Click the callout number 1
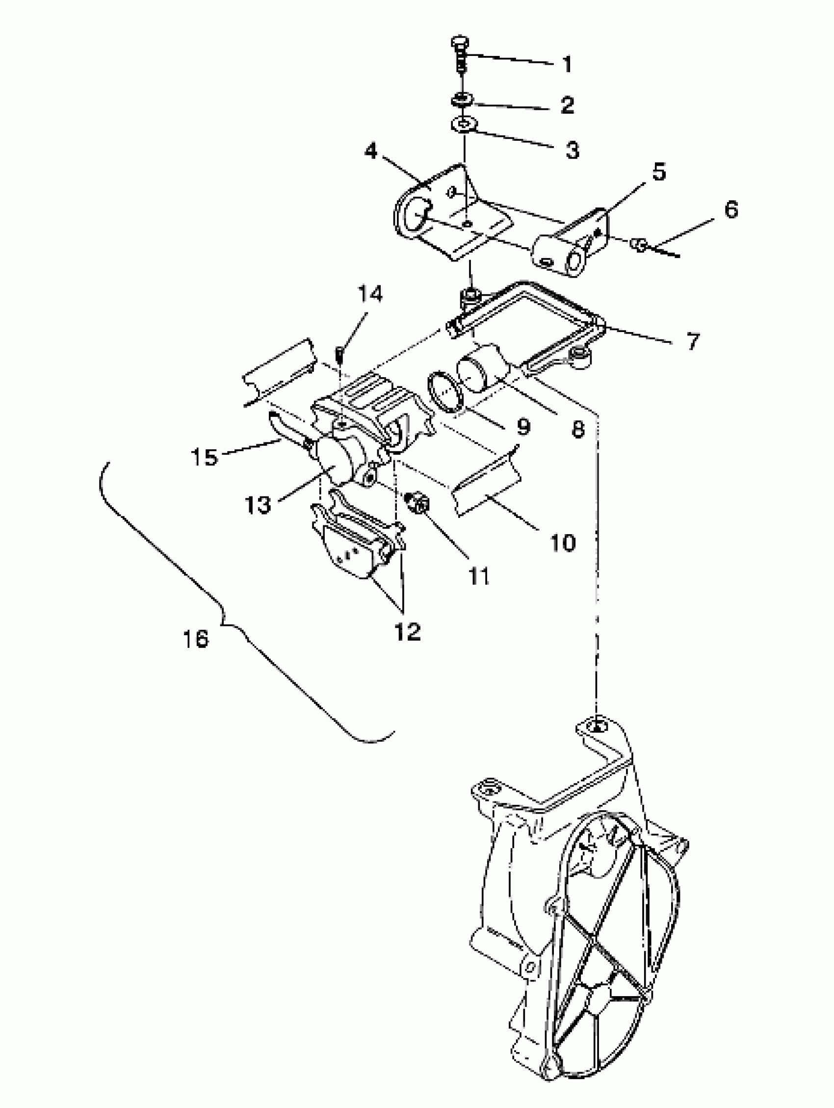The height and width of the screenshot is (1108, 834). [567, 65]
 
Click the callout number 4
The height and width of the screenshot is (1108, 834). [371, 150]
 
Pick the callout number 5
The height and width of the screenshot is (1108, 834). [659, 172]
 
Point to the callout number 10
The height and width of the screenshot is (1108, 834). [563, 542]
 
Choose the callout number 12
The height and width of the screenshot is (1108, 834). [407, 632]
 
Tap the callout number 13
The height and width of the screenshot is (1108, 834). [258, 504]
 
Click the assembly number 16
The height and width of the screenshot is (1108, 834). [195, 639]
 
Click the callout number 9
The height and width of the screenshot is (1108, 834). [522, 427]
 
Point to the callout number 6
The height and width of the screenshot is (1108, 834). [731, 209]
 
